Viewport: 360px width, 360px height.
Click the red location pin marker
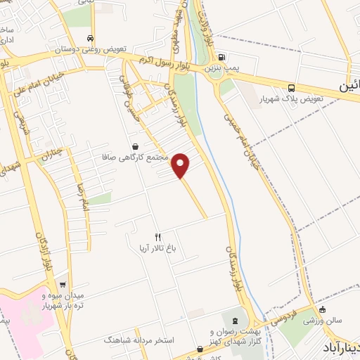[x=181, y=165]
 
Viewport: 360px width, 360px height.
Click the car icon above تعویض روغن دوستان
[x=90, y=38]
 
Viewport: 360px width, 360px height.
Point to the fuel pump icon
[x=221, y=58]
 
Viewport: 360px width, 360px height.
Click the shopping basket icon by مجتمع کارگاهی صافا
[x=134, y=145]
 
